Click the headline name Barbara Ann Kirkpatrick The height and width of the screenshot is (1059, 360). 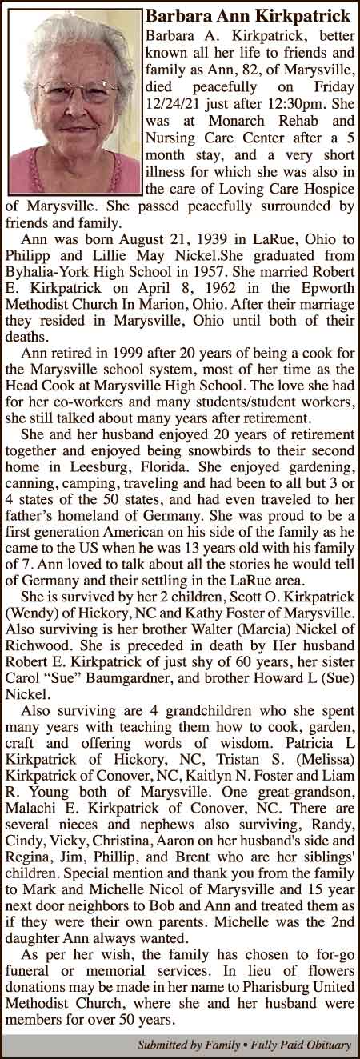[x=248, y=16]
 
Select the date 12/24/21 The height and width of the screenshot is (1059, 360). [x=171, y=105]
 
